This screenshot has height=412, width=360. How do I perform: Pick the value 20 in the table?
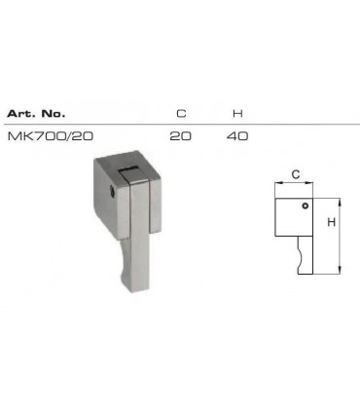[x=180, y=135]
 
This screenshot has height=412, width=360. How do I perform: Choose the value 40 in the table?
[x=237, y=135]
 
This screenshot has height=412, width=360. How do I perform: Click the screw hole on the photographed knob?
[x=117, y=193]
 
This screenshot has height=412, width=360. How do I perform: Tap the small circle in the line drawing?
[x=304, y=206]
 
